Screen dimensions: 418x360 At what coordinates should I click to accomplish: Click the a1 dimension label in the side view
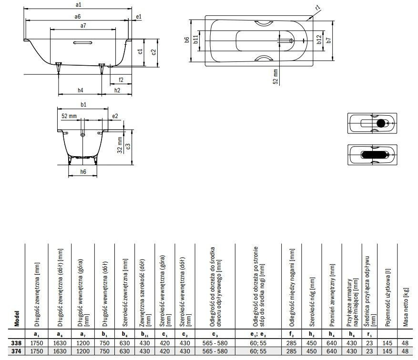78,5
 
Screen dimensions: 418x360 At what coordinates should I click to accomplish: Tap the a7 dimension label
83,26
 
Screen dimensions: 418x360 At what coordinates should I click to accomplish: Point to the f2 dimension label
121,80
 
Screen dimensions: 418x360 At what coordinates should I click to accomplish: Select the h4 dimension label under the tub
80,90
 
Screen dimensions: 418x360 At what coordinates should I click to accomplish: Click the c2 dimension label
153,52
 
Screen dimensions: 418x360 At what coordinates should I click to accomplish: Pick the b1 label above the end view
83,105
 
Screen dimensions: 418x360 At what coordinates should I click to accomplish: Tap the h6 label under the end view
83,172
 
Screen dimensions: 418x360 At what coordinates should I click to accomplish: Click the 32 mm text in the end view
120,145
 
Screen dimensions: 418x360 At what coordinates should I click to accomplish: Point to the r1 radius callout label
318,8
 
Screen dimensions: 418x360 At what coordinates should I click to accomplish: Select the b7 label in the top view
329,40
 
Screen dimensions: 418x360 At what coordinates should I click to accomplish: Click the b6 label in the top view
187,40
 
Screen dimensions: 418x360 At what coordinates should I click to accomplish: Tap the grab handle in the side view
82,42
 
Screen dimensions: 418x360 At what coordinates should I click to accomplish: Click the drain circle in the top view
291,41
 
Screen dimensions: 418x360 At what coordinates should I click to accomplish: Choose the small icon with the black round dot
372,123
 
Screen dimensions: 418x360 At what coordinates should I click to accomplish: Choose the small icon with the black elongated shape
372,155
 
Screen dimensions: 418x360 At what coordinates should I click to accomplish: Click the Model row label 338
16,343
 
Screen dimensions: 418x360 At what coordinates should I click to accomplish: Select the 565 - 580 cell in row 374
215,351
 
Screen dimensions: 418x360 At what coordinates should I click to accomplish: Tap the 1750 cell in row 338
37,343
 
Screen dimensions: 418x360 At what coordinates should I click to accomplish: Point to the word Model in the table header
17,319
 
